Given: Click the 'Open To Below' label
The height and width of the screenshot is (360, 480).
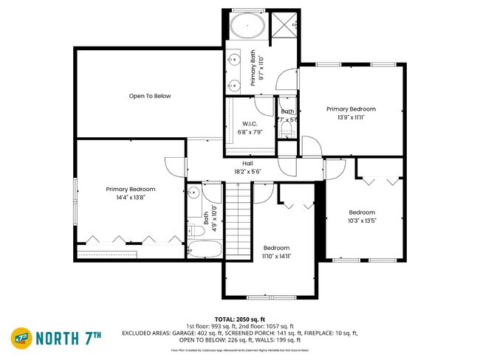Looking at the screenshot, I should [x=150, y=96].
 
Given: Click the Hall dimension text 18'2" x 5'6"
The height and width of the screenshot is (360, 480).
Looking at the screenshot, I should [x=247, y=170].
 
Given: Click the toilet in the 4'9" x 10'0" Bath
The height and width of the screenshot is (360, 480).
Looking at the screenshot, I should [x=196, y=229].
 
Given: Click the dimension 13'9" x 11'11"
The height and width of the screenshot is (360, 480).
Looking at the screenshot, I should [x=351, y=117].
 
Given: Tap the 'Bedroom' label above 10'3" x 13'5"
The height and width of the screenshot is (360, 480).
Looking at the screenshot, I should [x=363, y=212].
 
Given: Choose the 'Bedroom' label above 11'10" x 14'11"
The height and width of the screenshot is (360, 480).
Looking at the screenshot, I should [x=277, y=248].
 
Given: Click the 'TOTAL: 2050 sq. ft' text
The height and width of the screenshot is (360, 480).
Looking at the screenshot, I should [x=239, y=319].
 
